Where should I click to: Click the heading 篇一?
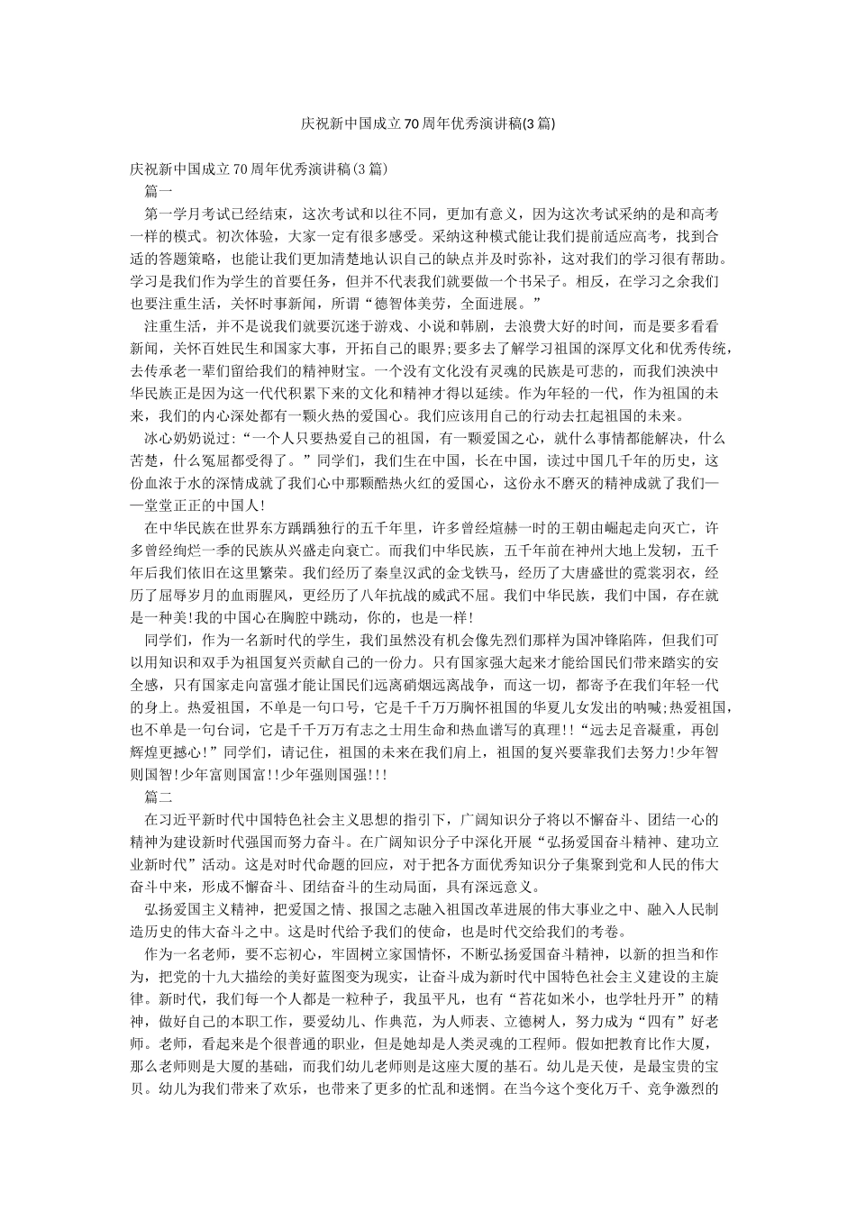[x=158, y=191]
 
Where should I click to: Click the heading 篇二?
[x=158, y=797]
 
